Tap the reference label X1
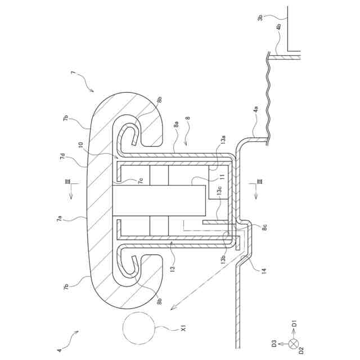click(183, 328)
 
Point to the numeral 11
click(222, 177)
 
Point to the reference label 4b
click(280, 27)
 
